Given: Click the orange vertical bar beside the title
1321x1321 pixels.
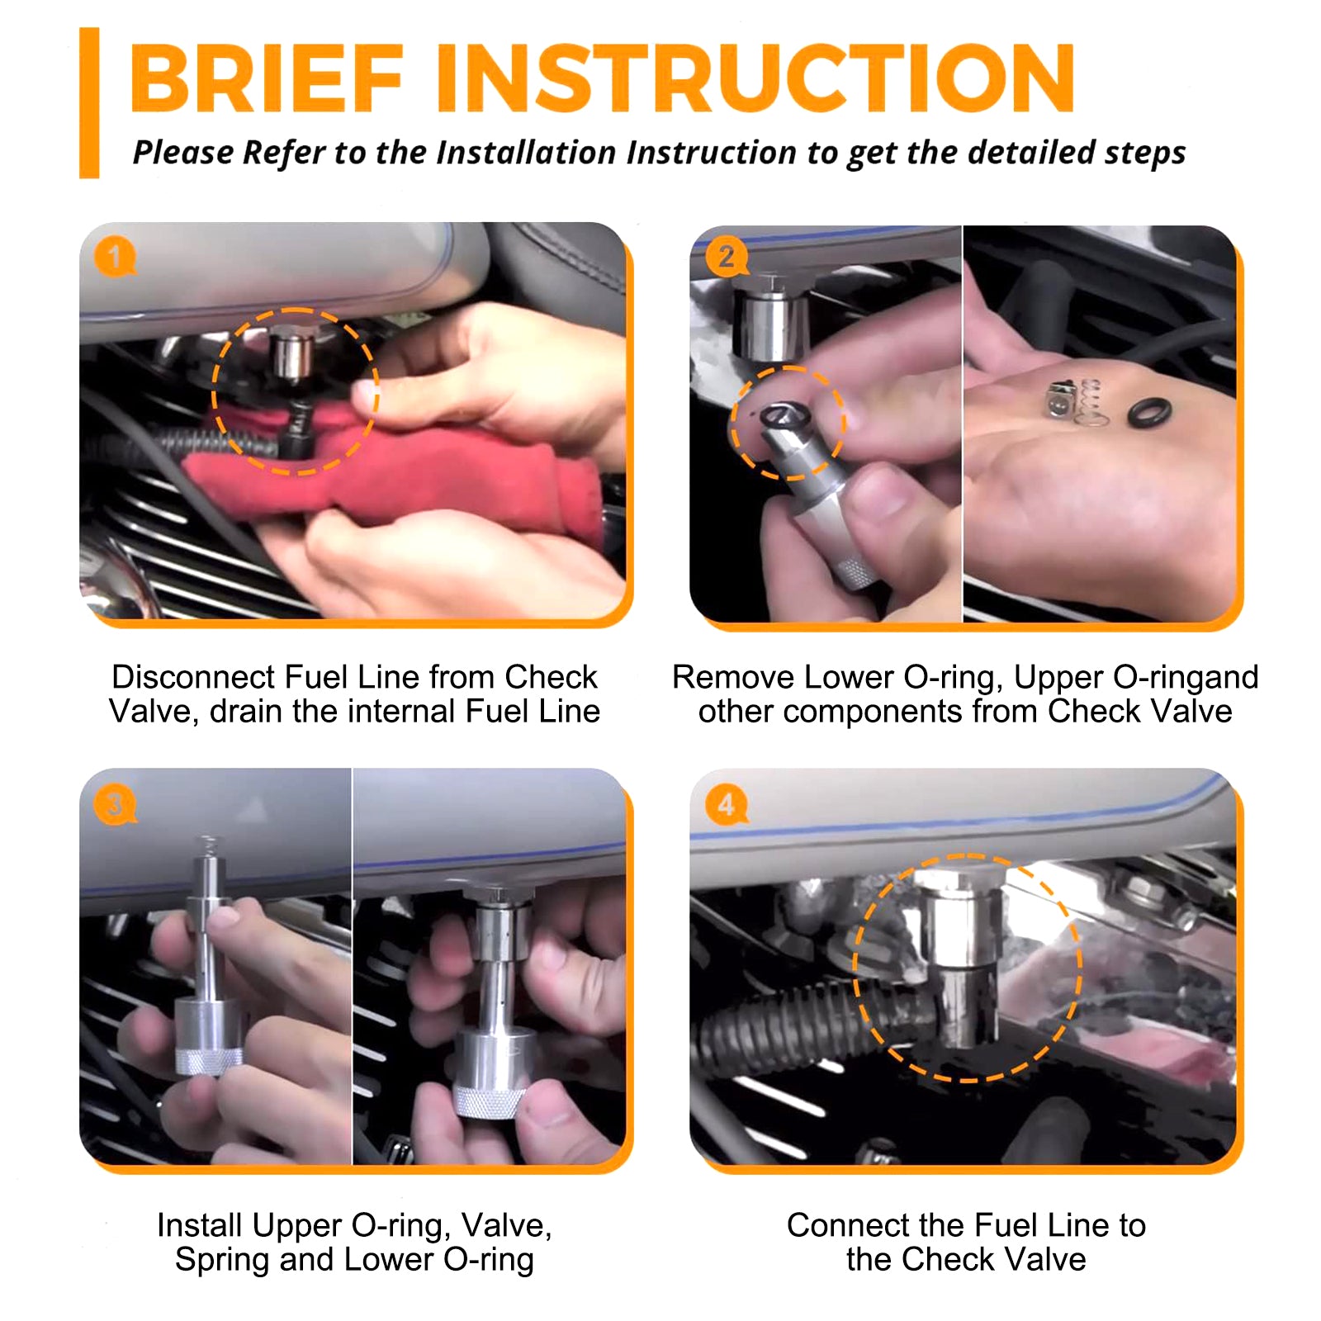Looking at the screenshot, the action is pos(89,103).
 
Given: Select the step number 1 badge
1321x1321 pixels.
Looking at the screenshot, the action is pos(115,258).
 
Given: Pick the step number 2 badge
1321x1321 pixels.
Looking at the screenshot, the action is pos(726,258).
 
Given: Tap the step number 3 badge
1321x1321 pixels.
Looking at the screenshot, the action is pos(115,804).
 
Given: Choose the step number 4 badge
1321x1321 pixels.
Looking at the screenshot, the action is pos(726,804).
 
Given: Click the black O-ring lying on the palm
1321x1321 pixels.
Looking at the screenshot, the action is pos(1148,412).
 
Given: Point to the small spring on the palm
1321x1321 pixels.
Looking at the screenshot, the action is pos(1090,403).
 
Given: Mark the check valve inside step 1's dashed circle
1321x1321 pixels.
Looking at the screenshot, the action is pos(291,353).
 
